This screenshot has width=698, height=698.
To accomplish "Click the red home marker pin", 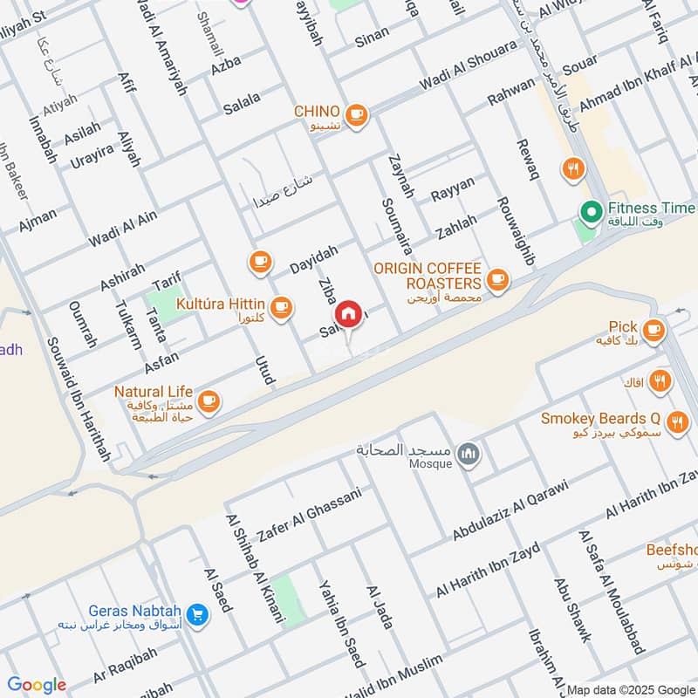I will [x=347, y=315].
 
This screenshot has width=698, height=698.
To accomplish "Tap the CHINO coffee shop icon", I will [x=355, y=113].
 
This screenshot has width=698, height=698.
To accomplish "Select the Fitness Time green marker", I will [x=591, y=211].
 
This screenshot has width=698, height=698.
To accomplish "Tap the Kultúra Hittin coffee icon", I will [x=280, y=306].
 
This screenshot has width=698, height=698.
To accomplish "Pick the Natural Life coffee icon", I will [x=208, y=401].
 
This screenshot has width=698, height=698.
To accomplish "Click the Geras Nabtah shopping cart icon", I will [x=197, y=615].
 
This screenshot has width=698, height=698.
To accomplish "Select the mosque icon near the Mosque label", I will [x=469, y=454].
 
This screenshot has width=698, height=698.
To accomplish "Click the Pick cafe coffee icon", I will [x=653, y=329].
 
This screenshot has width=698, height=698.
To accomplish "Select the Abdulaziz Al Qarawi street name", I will [x=510, y=510].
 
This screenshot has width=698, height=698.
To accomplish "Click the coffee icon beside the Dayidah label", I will [x=259, y=261].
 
